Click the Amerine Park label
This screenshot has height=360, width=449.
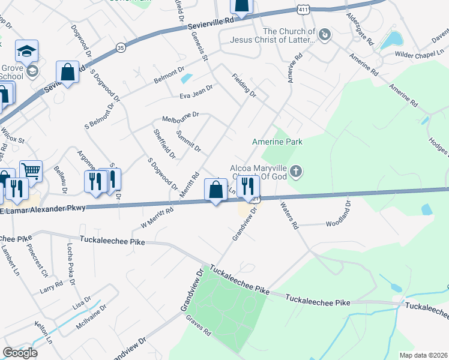click(x=277, y=142)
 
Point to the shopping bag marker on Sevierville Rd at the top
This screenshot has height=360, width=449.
click(x=241, y=6)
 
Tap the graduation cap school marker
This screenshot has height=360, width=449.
click(x=27, y=52)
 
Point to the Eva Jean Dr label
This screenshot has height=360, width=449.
click(x=196, y=92)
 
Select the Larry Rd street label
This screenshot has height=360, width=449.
click(x=51, y=286)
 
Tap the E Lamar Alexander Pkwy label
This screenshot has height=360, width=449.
click(x=43, y=208)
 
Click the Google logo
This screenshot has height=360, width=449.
click(x=20, y=353)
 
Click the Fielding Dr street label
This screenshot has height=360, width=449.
click(x=244, y=86)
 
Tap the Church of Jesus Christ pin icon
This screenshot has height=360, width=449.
click(x=325, y=35)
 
